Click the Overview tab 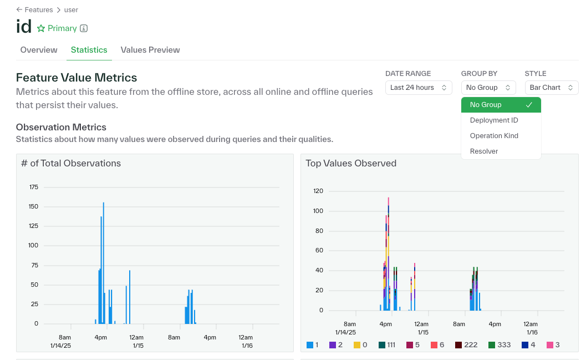[39, 50]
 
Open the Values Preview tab [150, 50]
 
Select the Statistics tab [89, 50]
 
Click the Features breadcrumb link [38, 9]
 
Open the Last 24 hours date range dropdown [418, 88]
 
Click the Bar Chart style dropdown [551, 88]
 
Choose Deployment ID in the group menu [493, 120]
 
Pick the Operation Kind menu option [493, 136]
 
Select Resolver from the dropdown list [483, 151]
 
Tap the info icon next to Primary [84, 28]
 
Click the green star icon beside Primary [41, 28]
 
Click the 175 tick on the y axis [34, 187]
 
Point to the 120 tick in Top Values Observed [318, 191]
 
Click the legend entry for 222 [466, 345]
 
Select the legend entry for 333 [499, 345]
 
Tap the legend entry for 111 [386, 345]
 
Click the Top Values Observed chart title [351, 163]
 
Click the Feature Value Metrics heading [77, 78]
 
